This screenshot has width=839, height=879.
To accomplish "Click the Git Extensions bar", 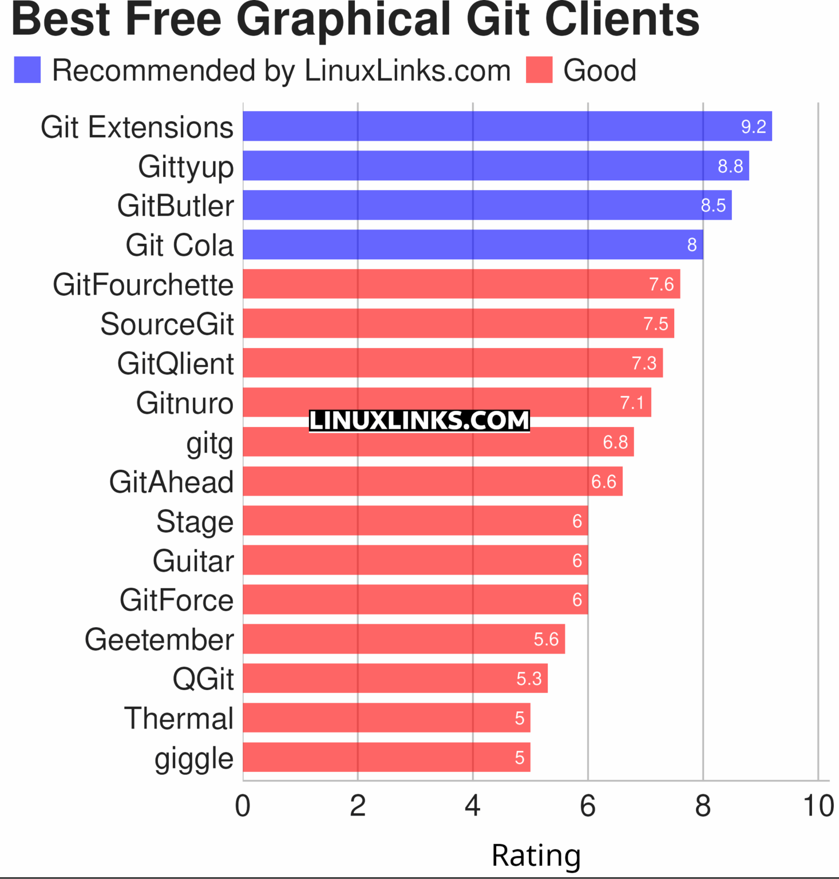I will tap(507, 126).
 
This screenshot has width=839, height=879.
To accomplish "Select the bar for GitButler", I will tap(487, 205).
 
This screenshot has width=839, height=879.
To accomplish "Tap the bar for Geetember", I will tap(403, 639).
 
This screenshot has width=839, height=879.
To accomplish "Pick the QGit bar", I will tap(395, 678).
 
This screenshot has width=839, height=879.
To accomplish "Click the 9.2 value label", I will tap(753, 126).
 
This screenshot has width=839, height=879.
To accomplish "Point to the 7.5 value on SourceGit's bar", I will tap(655, 324).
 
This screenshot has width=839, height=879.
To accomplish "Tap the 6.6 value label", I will tap(603, 482).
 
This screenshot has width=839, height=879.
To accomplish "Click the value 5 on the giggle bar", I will tap(519, 758).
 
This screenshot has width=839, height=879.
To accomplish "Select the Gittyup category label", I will tap(185, 167).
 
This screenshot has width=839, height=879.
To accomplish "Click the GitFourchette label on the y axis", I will tap(143, 285).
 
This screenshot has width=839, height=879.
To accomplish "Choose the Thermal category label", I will tap(179, 718).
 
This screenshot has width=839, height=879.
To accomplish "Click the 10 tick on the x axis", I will tap(818, 806).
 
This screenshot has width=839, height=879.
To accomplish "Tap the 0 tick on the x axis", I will tap(243, 806).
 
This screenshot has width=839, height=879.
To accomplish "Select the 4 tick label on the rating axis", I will tap(473, 806).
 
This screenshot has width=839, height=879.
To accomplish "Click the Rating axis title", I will tap(536, 856).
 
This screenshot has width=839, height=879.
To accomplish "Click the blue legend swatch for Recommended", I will tap(27, 70).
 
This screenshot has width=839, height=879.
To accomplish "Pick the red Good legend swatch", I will tap(539, 70).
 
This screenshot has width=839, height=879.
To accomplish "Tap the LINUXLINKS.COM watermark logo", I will tap(419, 421).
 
